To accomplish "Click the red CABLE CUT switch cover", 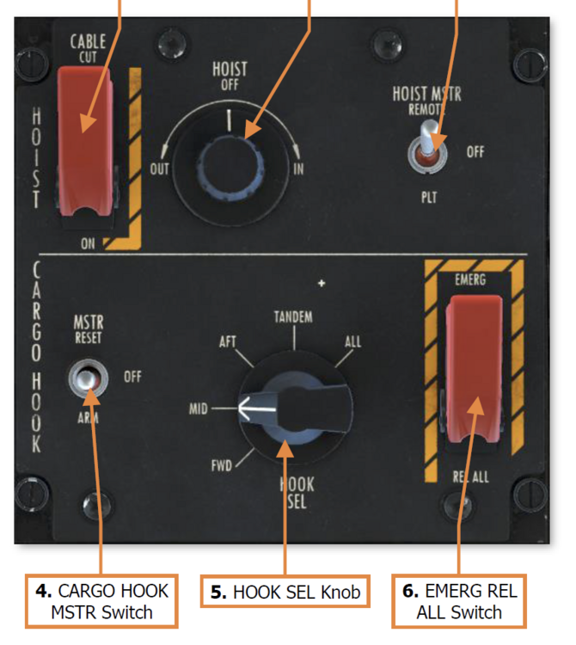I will click(x=85, y=138).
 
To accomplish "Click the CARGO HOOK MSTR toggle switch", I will click(x=89, y=379).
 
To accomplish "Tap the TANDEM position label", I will click(x=292, y=317).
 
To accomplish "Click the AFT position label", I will click(x=227, y=342).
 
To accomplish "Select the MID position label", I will click(x=199, y=408).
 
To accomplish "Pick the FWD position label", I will click(x=223, y=469).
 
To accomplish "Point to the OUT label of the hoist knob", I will click(x=160, y=169).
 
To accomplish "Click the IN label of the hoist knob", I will click(x=298, y=169).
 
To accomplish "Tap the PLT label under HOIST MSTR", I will click(x=429, y=197).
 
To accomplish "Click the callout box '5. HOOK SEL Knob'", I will click(x=285, y=593).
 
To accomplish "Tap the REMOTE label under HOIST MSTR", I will click(x=427, y=110).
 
